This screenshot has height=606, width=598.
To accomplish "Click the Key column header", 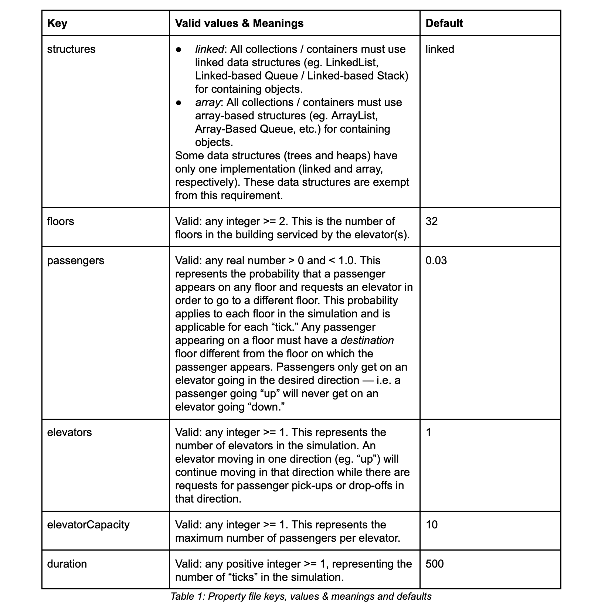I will pos(57,23).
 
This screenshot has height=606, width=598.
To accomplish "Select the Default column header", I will pos(444,23).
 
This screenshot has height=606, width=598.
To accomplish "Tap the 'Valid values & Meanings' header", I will pos(239,23).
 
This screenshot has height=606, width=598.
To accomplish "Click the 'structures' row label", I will pos(71,49).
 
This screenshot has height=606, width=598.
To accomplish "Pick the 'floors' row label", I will pos(61,221).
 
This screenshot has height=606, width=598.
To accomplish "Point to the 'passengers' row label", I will pos(76,261).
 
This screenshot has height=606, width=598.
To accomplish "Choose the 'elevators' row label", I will pos(69,432).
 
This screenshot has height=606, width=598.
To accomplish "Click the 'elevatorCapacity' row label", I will pos(88,525).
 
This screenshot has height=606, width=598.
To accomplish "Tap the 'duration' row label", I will pos(67,564).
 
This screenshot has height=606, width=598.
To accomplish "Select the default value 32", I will pos(432,221).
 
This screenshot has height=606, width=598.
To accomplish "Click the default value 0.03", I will pos(436,261).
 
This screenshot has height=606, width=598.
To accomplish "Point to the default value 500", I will pos(435,564).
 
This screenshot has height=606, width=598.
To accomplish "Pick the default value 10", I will pos(432,525).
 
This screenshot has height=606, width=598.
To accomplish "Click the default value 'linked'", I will pos(440,49).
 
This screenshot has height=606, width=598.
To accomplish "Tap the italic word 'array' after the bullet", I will pos(207,102).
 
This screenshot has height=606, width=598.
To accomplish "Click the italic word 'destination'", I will pos(367,340).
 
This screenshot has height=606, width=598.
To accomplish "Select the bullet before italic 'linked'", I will pos(179,50).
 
